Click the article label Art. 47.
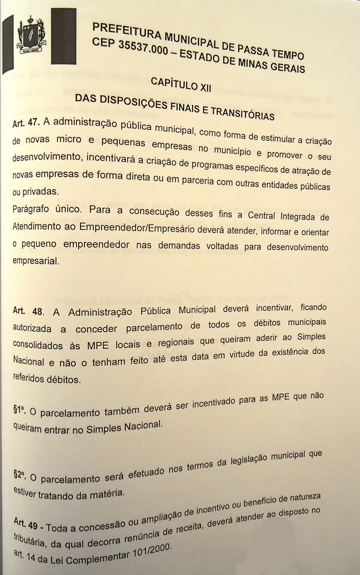tap(26, 124)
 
